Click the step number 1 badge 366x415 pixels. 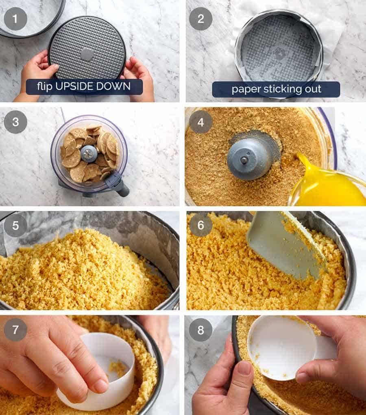click(x=15, y=19)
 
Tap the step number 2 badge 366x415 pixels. click(x=201, y=19)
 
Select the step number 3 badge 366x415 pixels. click(x=15, y=122)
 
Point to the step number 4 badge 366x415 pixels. click(x=201, y=122)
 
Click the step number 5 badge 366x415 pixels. click(x=15, y=225)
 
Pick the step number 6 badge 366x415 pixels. click(x=201, y=225)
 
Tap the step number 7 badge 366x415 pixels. click(x=15, y=329)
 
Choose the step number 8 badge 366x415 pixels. click(x=201, y=329)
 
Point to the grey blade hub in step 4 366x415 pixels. click(x=246, y=159)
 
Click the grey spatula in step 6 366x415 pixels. click(x=285, y=244)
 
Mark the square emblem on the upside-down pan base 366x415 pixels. click(x=87, y=54)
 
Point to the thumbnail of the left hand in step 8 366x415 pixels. click(x=244, y=367)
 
